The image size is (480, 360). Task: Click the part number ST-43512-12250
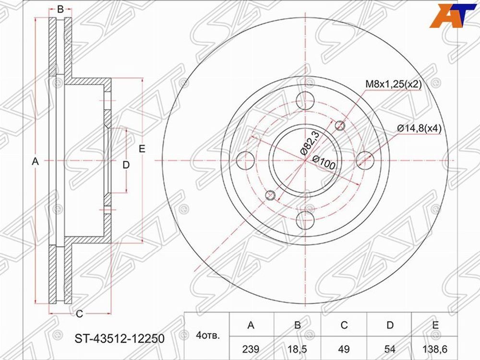[120, 339]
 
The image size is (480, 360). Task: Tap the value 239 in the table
[251, 348]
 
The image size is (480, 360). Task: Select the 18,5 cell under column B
[297, 348]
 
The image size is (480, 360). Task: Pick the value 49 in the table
[344, 348]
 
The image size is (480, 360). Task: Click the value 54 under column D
[390, 348]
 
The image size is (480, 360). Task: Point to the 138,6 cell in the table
[435, 348]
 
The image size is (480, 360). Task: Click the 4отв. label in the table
[208, 336]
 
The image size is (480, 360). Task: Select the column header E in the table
[435, 325]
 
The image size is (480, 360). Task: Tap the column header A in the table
[251, 325]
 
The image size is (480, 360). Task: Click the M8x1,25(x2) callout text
[394, 84]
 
